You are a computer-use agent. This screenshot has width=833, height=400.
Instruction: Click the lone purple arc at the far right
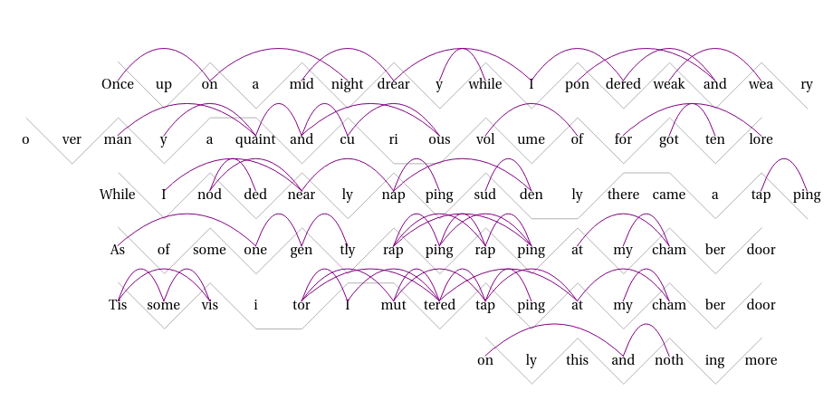784,159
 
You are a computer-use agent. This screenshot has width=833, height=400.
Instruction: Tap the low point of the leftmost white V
72,163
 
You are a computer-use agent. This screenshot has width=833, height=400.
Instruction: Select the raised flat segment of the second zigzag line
234,118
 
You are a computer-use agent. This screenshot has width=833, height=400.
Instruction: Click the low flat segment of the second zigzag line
416,164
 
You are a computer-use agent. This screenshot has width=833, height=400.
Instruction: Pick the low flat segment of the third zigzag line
554,219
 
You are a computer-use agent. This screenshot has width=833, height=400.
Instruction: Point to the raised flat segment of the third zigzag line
646,172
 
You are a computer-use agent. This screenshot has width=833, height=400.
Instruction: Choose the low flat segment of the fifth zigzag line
279,329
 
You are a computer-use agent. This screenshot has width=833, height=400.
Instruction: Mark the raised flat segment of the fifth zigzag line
371,283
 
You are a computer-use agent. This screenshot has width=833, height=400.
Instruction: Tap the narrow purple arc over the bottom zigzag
646,325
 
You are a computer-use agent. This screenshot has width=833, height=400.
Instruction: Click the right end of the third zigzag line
808,219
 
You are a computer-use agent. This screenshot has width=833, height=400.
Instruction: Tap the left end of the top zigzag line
119,62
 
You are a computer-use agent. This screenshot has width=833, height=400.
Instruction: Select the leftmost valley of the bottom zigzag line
531,384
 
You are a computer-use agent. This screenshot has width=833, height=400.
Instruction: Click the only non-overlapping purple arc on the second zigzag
531,105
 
